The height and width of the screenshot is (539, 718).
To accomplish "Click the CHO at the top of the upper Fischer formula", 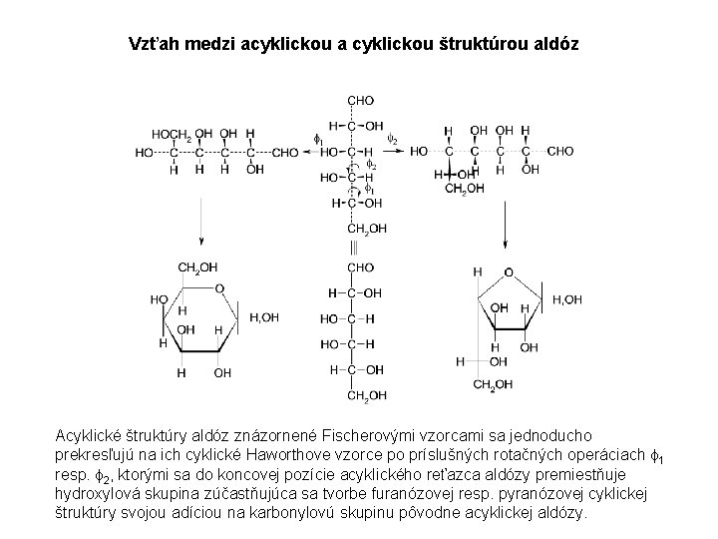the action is click(x=361, y=100).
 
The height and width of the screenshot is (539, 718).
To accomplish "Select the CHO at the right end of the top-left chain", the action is click(x=285, y=152).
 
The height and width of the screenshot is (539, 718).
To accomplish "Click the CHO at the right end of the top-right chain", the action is click(x=560, y=152).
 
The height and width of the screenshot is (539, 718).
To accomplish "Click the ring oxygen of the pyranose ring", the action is click(x=219, y=288).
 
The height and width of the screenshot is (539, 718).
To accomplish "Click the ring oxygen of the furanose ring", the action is click(x=509, y=271).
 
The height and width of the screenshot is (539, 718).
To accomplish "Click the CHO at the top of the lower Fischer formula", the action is click(x=361, y=269).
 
